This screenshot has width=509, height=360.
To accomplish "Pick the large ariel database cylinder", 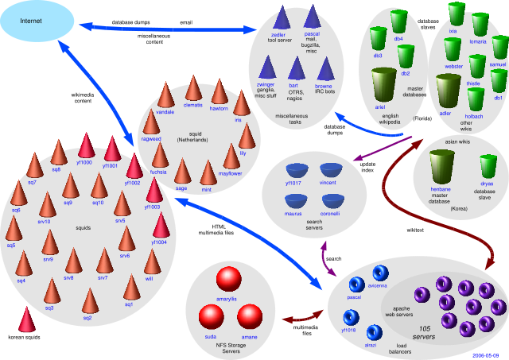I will [x=385, y=86].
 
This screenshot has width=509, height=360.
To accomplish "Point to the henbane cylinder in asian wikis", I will [x=442, y=168].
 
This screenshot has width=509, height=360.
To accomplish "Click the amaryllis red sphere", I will [x=228, y=280].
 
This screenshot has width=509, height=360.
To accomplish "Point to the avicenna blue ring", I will [x=377, y=273].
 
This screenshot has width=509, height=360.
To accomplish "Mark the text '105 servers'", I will [x=423, y=331].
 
